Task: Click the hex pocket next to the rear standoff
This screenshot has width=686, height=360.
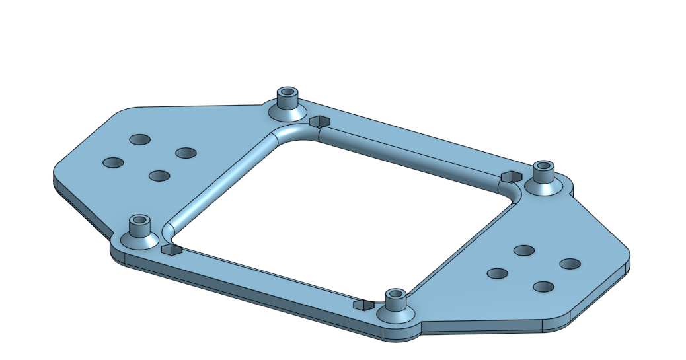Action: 320,122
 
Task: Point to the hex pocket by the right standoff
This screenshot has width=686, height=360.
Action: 510,176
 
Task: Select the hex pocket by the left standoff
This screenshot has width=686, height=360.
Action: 170,249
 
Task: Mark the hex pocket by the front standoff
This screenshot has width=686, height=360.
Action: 363,305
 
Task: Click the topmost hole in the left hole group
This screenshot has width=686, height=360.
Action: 139,139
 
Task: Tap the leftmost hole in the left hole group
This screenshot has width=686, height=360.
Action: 113,162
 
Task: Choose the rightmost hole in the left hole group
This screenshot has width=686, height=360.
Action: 186,153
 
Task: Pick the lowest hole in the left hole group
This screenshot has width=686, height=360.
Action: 159,176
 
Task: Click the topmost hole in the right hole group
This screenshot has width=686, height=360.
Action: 524,250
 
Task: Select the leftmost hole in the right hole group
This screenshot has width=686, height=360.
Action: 497,273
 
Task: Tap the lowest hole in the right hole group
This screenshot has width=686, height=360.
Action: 543,287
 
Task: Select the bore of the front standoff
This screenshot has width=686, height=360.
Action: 395,293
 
